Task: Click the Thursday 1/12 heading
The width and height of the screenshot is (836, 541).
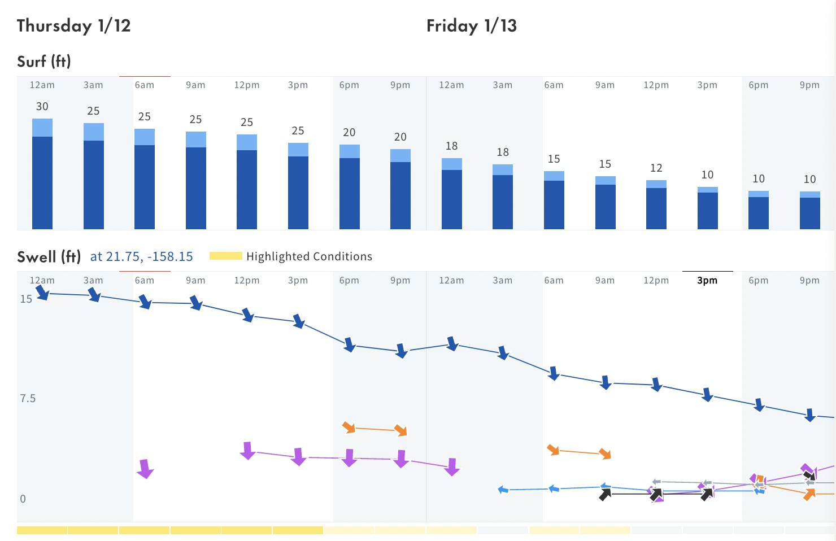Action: (73, 26)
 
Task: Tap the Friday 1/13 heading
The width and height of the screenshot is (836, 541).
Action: (471, 26)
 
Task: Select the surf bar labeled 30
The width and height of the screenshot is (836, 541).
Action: (42, 174)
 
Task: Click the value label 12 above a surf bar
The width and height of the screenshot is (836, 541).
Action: (656, 168)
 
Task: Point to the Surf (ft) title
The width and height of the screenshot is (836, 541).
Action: (44, 62)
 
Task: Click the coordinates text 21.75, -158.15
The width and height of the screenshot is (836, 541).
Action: (149, 256)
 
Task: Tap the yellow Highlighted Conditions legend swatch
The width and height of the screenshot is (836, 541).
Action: (226, 256)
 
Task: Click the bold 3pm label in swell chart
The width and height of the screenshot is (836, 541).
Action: (707, 281)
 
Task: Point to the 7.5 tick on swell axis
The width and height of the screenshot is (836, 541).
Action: (28, 399)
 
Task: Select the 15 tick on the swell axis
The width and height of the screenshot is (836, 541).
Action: (26, 299)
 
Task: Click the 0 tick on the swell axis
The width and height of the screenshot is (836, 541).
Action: (23, 499)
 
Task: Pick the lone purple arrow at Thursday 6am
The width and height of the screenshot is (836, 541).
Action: (145, 469)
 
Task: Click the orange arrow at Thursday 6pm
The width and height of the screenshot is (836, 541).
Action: (349, 427)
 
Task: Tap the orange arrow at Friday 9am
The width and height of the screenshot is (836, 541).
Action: (605, 453)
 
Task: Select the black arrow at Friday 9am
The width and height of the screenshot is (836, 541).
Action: (605, 494)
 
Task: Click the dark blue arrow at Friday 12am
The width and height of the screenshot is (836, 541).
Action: (452, 343)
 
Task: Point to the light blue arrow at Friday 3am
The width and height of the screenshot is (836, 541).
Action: (503, 490)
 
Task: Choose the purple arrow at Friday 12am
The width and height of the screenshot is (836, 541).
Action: (452, 467)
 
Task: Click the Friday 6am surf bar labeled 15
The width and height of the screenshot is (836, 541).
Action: (554, 200)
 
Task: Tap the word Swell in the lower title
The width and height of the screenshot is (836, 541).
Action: (37, 257)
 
